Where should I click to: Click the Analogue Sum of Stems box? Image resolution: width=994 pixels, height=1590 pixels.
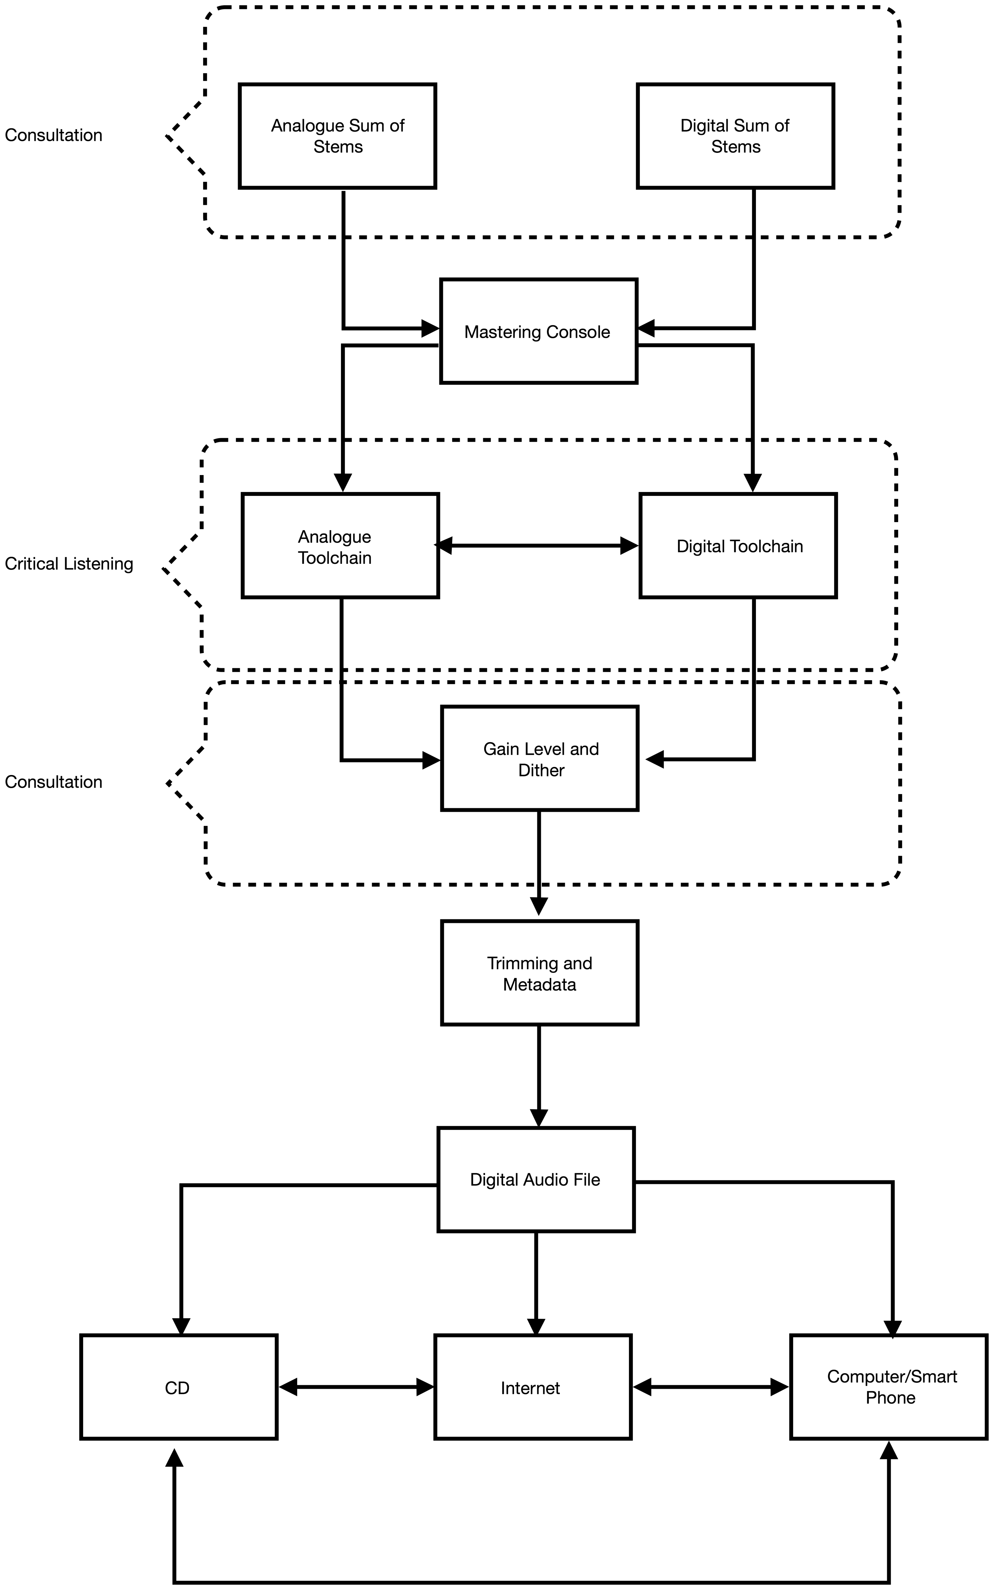(337, 136)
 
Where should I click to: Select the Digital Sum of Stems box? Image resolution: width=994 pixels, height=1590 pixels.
(736, 136)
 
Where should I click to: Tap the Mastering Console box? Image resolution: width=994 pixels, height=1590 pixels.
(538, 331)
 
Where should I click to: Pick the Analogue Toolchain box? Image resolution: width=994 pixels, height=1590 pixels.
(340, 545)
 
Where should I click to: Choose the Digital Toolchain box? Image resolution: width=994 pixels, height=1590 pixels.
(738, 545)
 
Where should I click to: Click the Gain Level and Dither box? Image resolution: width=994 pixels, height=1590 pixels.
(540, 758)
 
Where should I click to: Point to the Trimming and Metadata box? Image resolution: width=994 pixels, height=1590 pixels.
(540, 973)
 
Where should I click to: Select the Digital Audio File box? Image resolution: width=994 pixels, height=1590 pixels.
(536, 1180)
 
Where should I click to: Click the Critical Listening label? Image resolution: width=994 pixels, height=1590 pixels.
(69, 564)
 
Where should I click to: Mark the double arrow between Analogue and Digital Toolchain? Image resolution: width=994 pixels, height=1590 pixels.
(537, 545)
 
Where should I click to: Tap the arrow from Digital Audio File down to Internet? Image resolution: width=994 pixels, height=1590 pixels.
(537, 1284)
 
